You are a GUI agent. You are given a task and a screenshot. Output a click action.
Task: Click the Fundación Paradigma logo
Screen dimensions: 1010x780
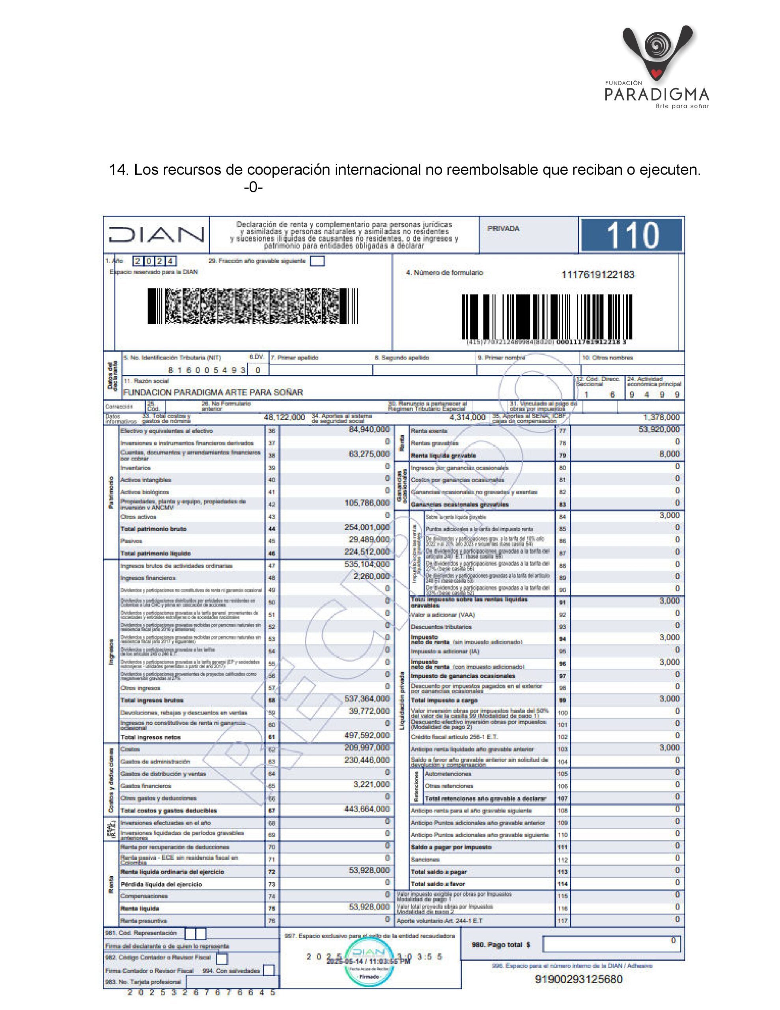click(657, 67)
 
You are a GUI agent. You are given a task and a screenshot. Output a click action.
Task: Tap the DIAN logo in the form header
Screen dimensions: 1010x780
click(156, 234)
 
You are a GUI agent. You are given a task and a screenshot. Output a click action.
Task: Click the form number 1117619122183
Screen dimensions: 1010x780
click(597, 275)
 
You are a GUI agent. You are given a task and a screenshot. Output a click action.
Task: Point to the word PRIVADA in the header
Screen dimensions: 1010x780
click(503, 228)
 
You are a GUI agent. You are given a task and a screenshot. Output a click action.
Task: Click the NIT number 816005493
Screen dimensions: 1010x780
click(207, 370)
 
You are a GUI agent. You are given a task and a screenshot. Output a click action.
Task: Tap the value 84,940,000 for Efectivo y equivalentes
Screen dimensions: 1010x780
click(369, 430)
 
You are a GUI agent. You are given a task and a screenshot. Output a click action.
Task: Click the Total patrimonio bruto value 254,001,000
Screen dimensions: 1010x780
click(367, 527)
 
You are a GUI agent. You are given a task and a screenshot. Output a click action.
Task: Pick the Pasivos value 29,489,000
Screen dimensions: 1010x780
click(369, 540)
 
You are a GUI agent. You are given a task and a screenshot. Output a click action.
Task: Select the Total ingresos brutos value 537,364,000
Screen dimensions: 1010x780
click(367, 699)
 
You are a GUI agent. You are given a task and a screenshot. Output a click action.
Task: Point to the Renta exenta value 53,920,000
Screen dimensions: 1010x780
click(659, 430)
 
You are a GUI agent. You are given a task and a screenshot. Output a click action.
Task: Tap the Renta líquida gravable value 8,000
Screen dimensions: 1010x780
click(669, 454)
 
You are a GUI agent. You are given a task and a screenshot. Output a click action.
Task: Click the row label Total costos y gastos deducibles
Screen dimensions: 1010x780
click(169, 811)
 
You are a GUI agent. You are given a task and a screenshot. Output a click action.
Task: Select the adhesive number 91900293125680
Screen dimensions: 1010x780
click(578, 979)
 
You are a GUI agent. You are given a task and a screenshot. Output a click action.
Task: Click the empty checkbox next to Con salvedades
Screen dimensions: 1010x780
click(269, 970)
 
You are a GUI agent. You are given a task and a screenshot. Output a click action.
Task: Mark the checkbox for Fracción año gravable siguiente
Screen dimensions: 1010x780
click(317, 261)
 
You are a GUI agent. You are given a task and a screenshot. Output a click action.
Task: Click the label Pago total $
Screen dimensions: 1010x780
click(500, 945)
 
